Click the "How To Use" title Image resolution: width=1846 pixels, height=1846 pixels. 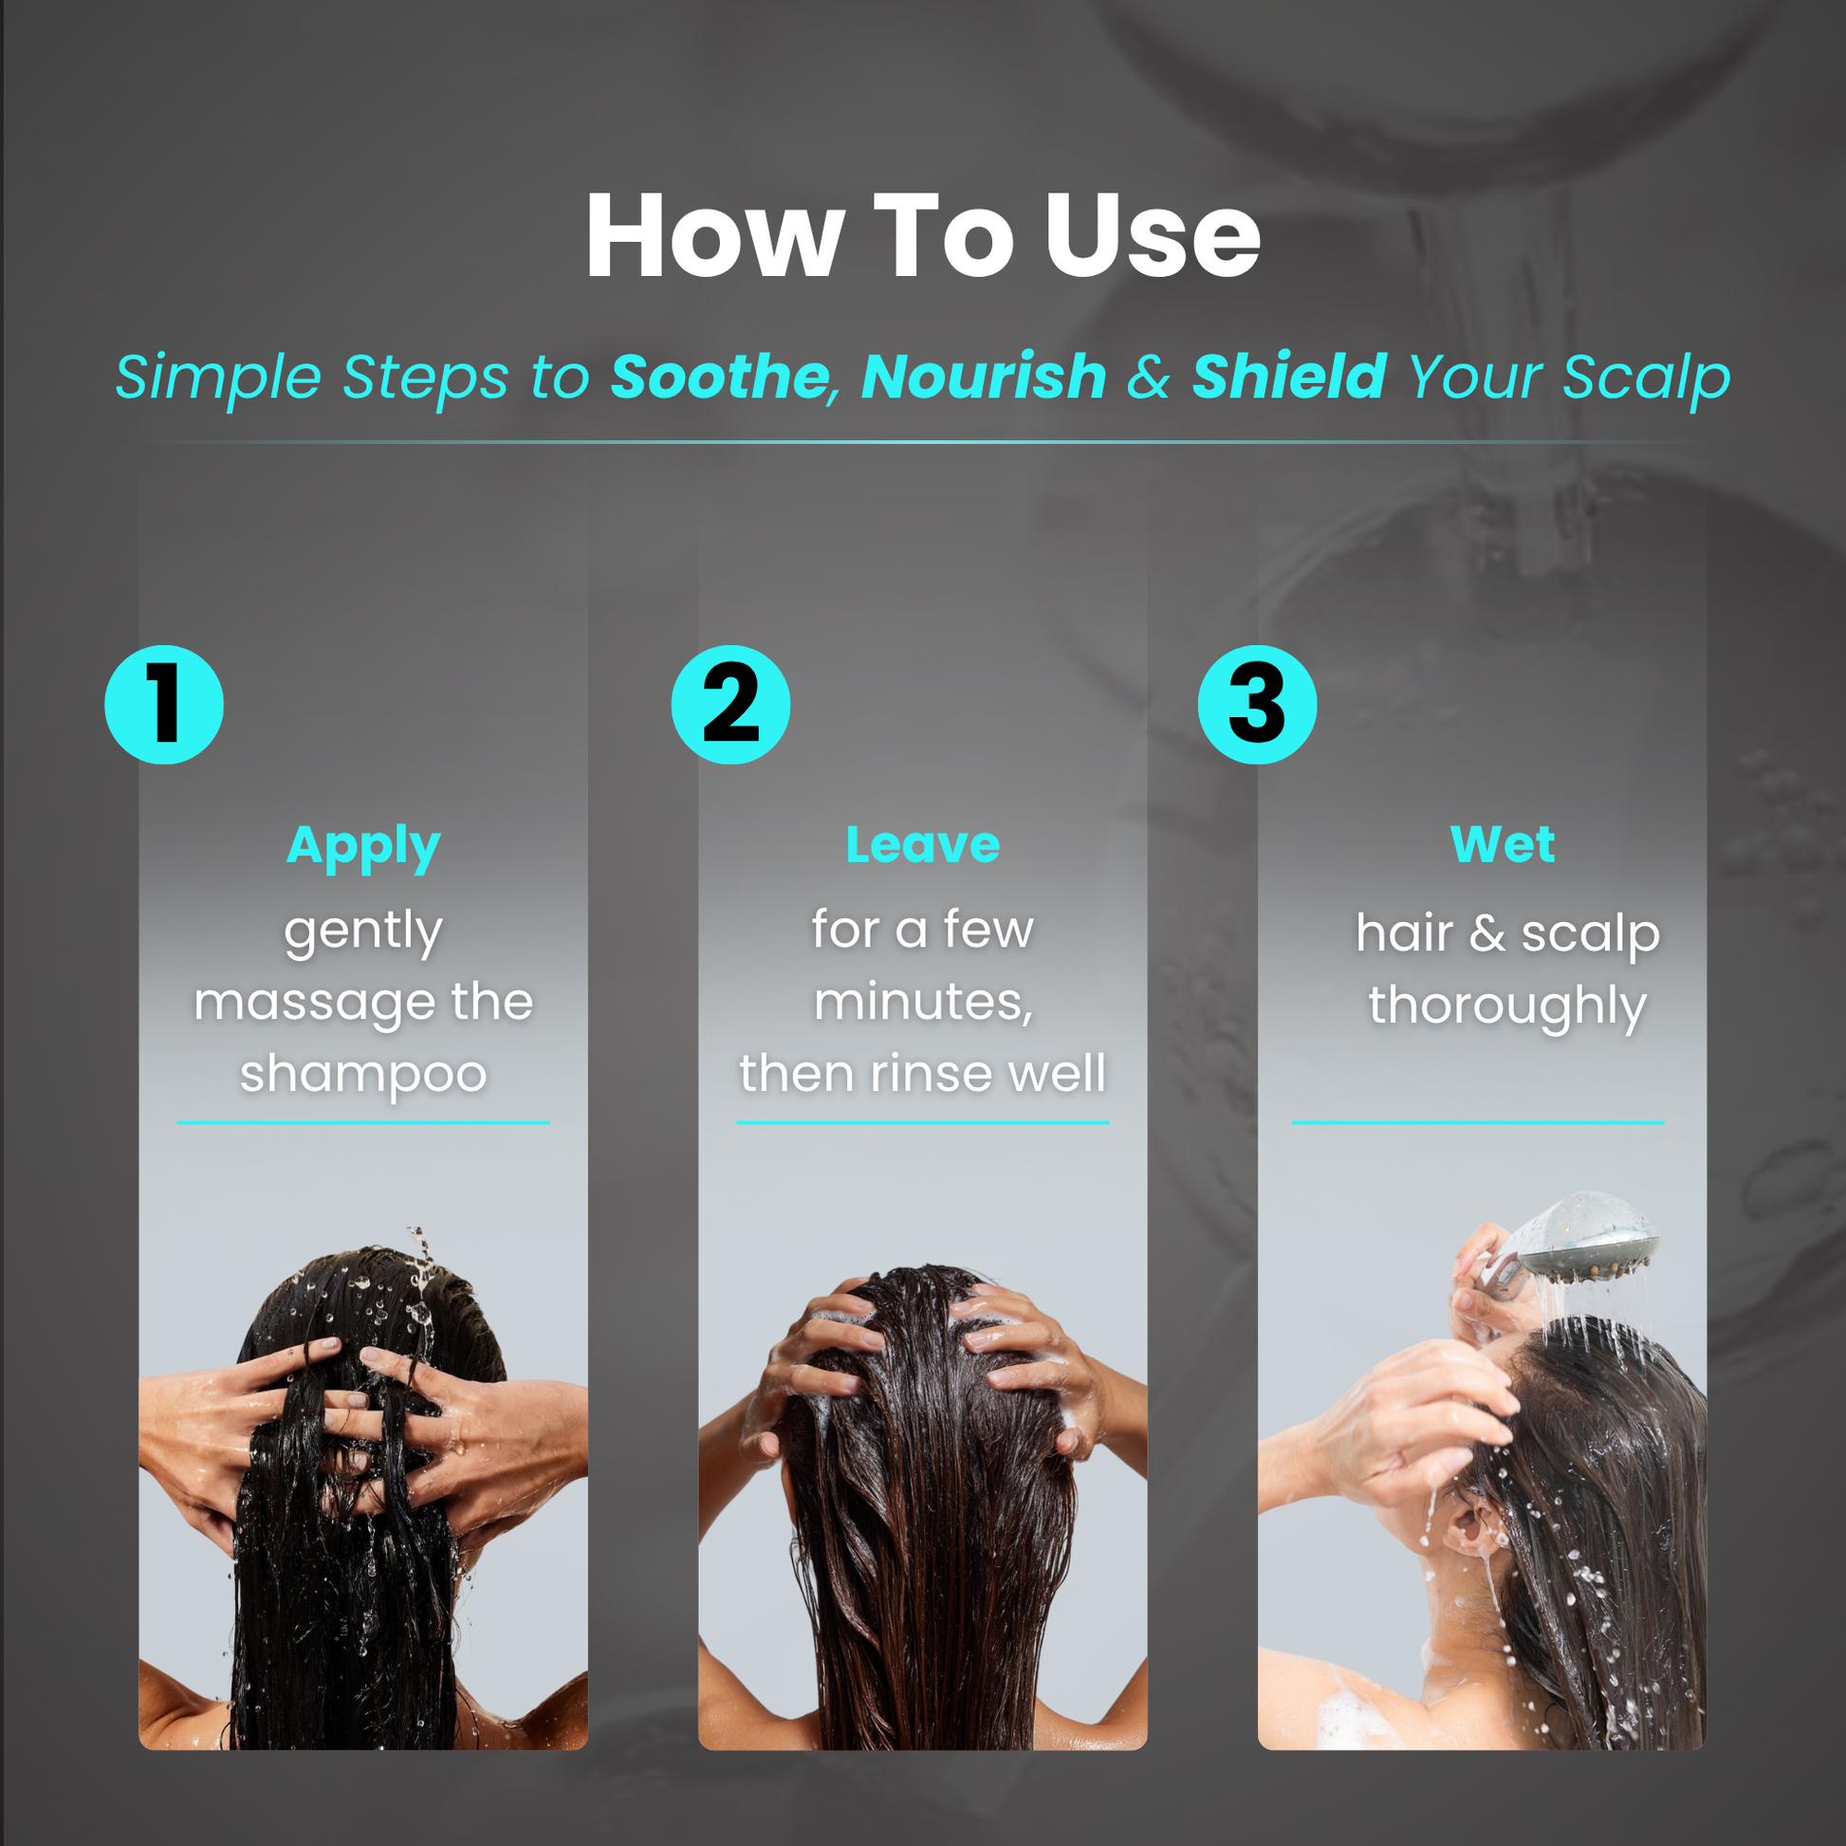[x=923, y=235]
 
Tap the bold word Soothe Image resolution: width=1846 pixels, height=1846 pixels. [x=719, y=377]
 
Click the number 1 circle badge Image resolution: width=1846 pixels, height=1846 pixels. [x=164, y=705]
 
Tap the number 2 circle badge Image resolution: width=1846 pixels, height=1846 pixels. [x=731, y=705]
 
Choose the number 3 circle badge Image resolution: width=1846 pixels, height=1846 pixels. [x=1258, y=705]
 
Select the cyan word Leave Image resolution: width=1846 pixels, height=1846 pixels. [x=923, y=844]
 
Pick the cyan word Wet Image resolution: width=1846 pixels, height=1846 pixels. [x=1502, y=844]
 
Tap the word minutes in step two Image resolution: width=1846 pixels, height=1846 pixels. [x=923, y=1003]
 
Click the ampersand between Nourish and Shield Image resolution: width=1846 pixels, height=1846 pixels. [x=1149, y=377]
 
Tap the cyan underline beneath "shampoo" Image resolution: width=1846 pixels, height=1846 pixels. [x=363, y=1123]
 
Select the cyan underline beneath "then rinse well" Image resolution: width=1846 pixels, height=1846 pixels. [x=923, y=1123]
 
